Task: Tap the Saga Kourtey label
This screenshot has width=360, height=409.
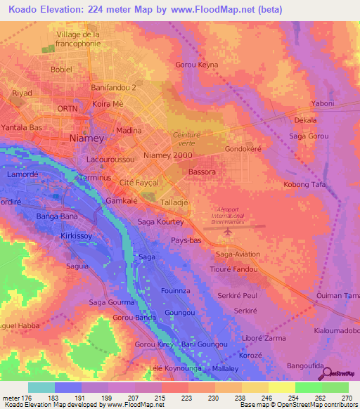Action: (160, 222)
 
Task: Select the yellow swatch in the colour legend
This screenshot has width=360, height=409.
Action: (282, 387)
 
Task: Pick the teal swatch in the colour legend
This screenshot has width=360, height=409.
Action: (41, 387)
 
